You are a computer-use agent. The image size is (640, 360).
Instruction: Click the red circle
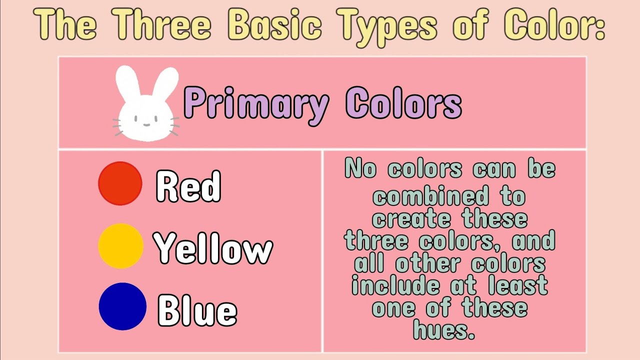point(120,183)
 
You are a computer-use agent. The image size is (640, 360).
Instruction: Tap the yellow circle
point(120,245)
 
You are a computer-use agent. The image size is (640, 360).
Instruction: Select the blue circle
point(122,306)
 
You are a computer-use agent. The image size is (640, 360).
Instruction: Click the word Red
point(188,186)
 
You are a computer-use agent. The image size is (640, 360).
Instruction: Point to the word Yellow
point(213,247)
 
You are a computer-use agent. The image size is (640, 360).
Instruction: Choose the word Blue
point(197,309)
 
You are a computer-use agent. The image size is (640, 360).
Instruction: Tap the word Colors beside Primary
point(403,104)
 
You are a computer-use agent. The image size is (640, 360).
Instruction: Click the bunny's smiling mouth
point(145,124)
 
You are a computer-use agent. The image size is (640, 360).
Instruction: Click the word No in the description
point(360,169)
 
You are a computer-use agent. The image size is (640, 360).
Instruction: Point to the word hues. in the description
point(444,330)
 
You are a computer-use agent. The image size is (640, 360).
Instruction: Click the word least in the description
point(518,286)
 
